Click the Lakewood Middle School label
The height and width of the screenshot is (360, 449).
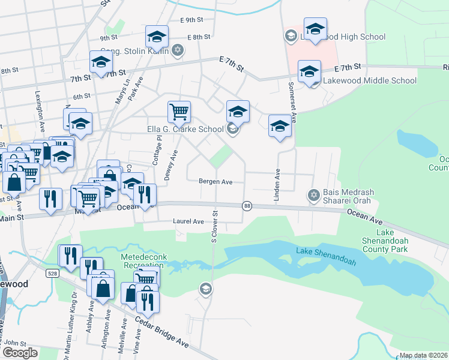(x=370, y=80)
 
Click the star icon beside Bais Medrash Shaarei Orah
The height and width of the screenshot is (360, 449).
(x=313, y=195)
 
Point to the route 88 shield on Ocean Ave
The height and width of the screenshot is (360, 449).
(x=247, y=206)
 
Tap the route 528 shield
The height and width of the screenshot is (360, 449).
(x=52, y=274)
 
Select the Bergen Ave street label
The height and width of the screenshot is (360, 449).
(x=216, y=181)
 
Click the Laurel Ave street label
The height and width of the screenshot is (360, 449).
(x=188, y=221)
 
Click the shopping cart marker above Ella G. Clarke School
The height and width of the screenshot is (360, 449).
(x=179, y=111)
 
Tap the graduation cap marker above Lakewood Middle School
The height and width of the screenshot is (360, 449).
(x=309, y=71)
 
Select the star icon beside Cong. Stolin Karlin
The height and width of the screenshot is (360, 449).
(x=177, y=50)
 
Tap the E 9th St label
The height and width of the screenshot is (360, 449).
(x=192, y=20)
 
